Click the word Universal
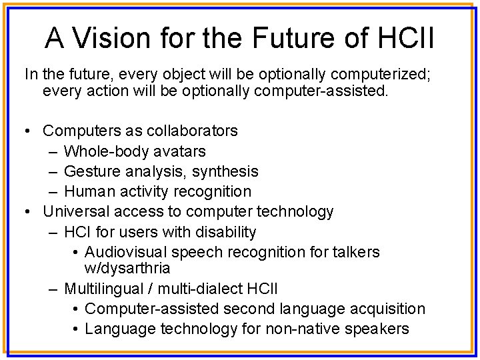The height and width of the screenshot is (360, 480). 76,212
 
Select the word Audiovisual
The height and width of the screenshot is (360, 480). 126,252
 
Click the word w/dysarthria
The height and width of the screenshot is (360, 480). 128,268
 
